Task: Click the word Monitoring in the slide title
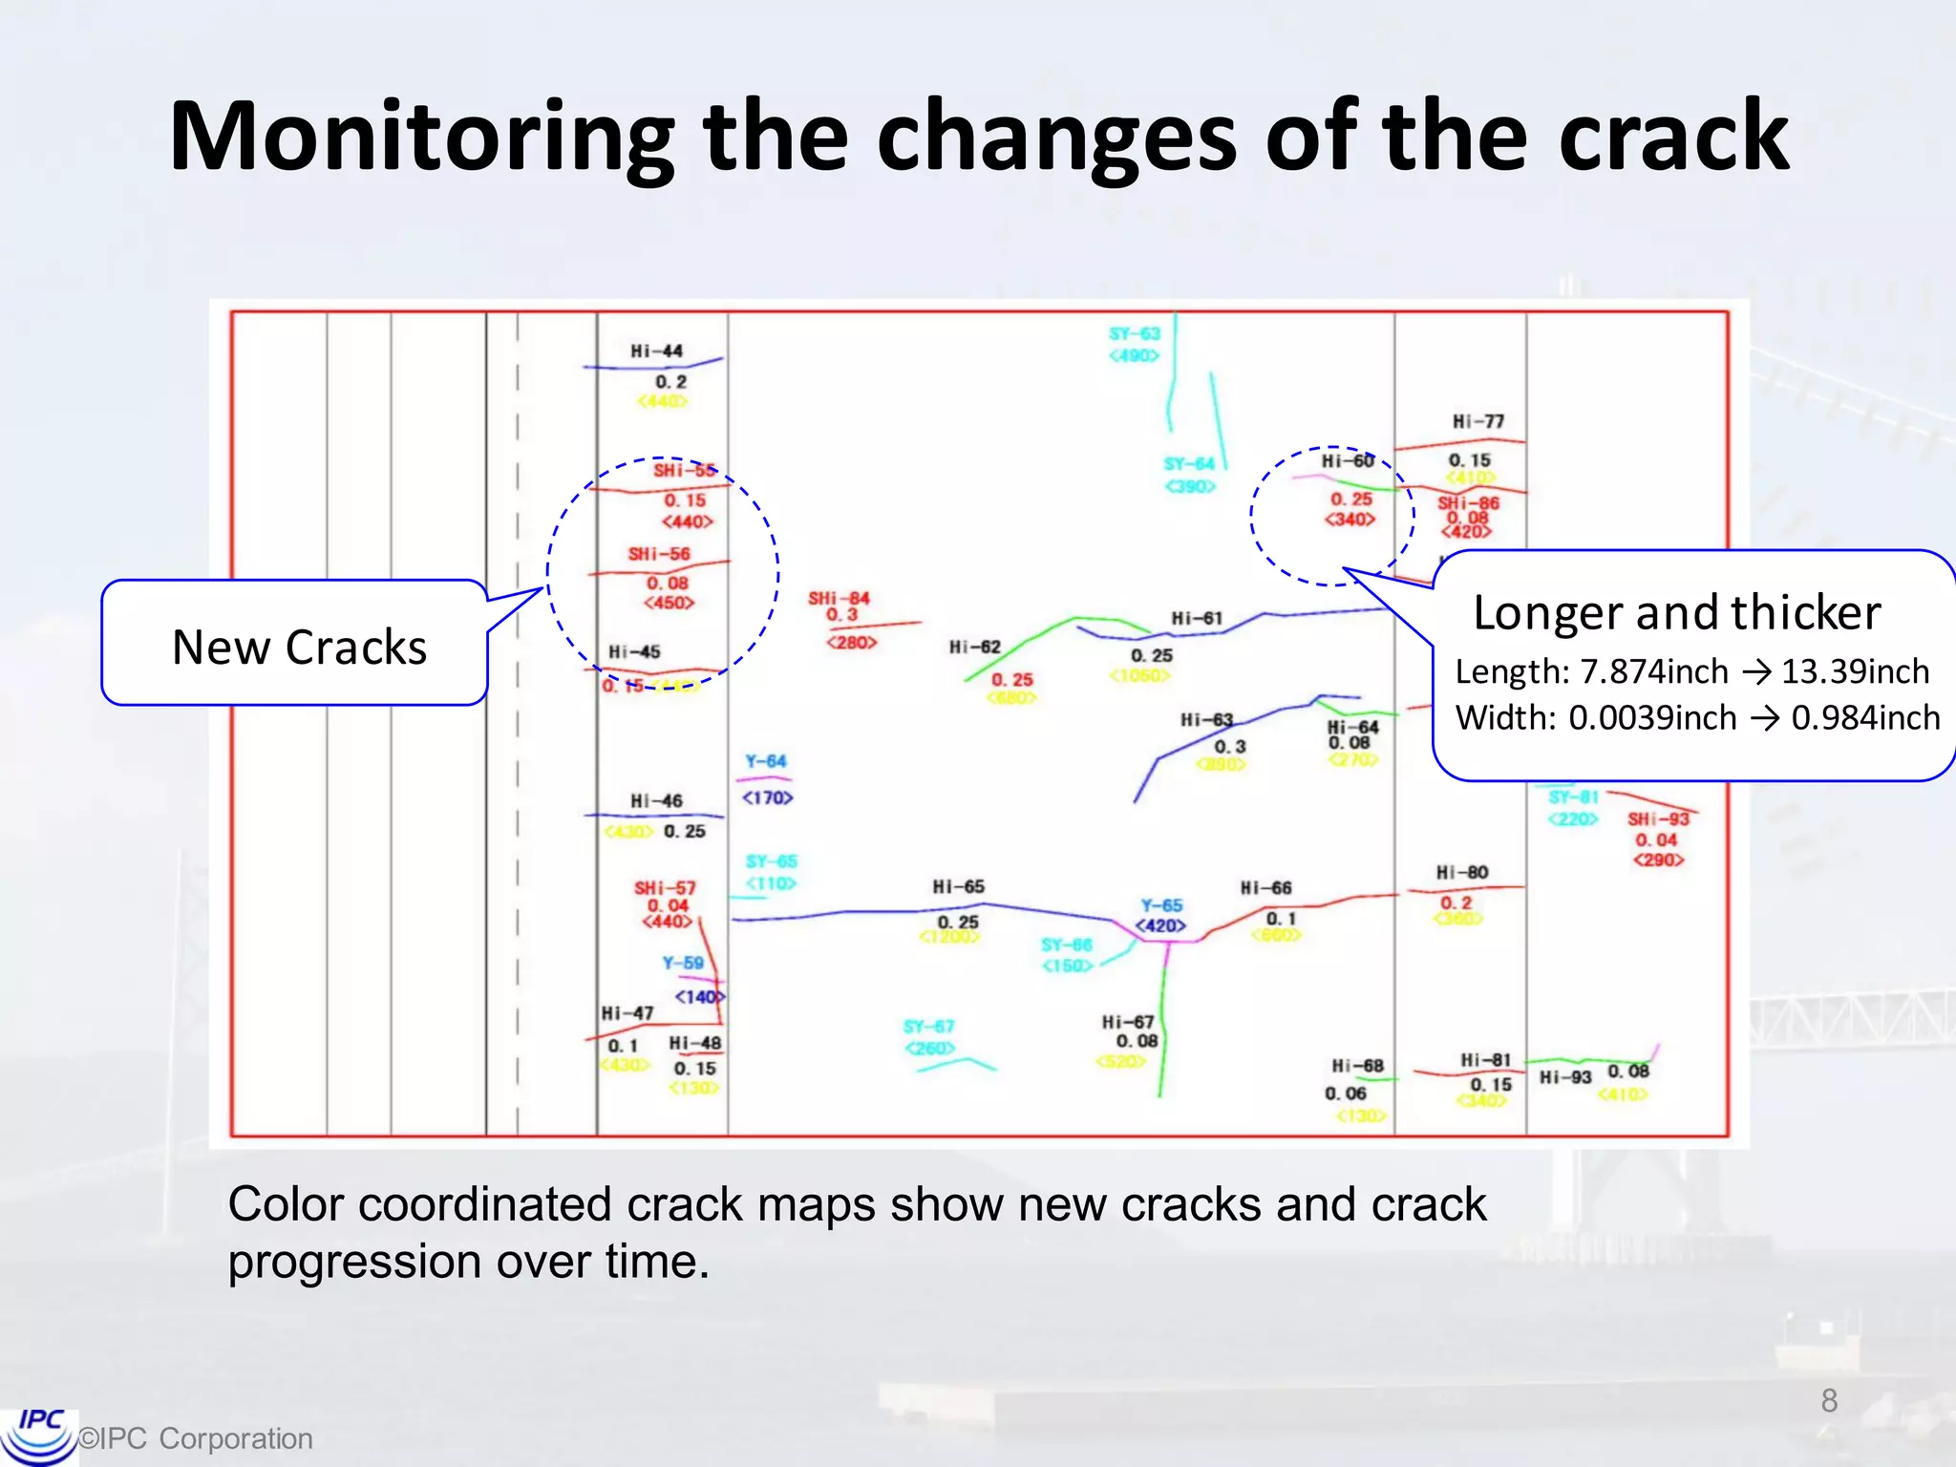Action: pyautogui.click(x=420, y=138)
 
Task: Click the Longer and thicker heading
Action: pyautogui.click(x=1676, y=612)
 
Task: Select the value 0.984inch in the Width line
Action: pyautogui.click(x=1864, y=717)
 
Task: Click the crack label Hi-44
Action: pyautogui.click(x=656, y=351)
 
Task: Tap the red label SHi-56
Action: pyautogui.click(x=658, y=554)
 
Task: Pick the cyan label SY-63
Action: pyautogui.click(x=1134, y=333)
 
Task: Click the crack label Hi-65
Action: pyautogui.click(x=958, y=886)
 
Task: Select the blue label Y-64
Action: pyautogui.click(x=765, y=761)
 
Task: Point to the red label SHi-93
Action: pyautogui.click(x=1658, y=819)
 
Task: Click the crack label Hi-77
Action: pyautogui.click(x=1478, y=421)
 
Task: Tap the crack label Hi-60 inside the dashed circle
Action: pyautogui.click(x=1347, y=461)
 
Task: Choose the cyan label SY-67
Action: pyautogui.click(x=928, y=1027)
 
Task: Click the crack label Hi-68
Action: pyautogui.click(x=1357, y=1065)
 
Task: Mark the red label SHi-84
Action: pyautogui.click(x=839, y=599)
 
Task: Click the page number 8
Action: pyautogui.click(x=1828, y=1400)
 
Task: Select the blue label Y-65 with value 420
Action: pyautogui.click(x=1161, y=905)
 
